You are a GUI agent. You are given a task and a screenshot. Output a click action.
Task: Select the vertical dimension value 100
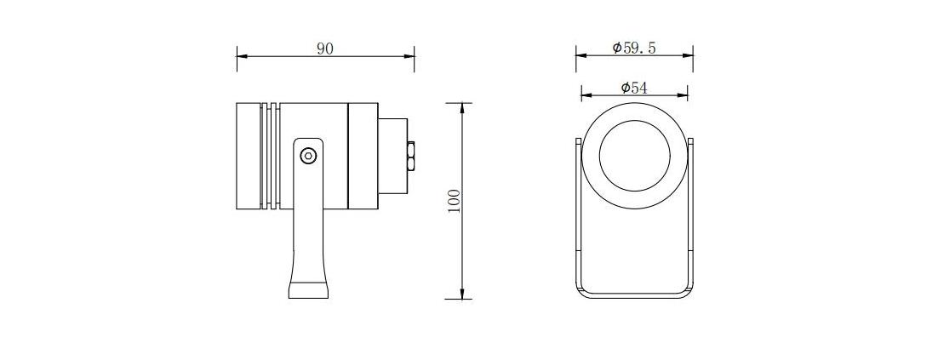click(x=454, y=202)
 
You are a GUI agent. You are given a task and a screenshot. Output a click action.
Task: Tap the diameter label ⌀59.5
click(x=634, y=48)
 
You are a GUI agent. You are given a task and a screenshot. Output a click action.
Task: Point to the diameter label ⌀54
click(x=634, y=88)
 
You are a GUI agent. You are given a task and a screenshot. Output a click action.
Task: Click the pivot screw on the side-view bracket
click(x=308, y=156)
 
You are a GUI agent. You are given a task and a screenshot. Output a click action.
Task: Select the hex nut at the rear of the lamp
click(x=411, y=156)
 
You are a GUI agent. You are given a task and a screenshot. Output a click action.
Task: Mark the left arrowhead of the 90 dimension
click(x=242, y=57)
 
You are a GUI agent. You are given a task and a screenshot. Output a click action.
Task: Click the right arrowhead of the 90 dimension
click(x=409, y=57)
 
